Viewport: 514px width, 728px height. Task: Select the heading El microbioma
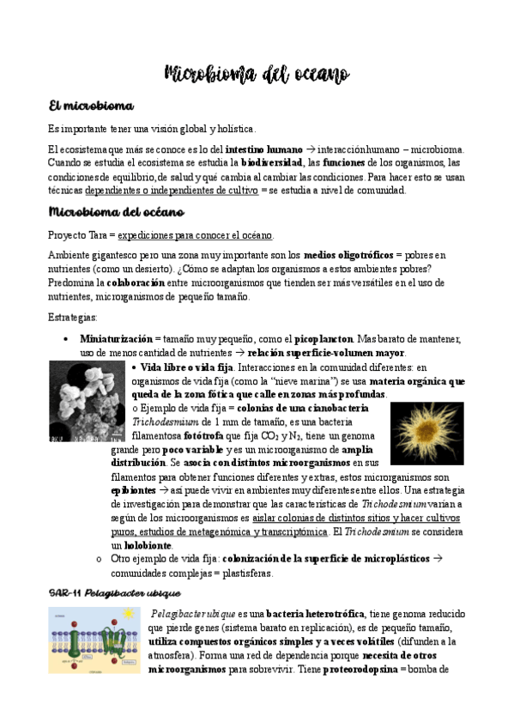[x=92, y=106]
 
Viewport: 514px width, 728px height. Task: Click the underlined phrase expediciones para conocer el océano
[x=196, y=234]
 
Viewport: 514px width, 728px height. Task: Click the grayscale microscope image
[x=87, y=401]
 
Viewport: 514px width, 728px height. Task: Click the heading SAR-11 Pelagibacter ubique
[x=114, y=593]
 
